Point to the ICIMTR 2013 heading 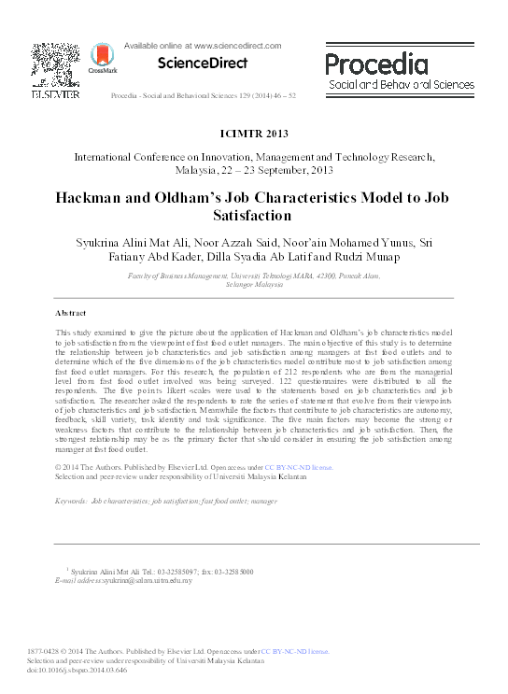[x=254, y=133]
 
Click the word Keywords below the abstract [x=71, y=502]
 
